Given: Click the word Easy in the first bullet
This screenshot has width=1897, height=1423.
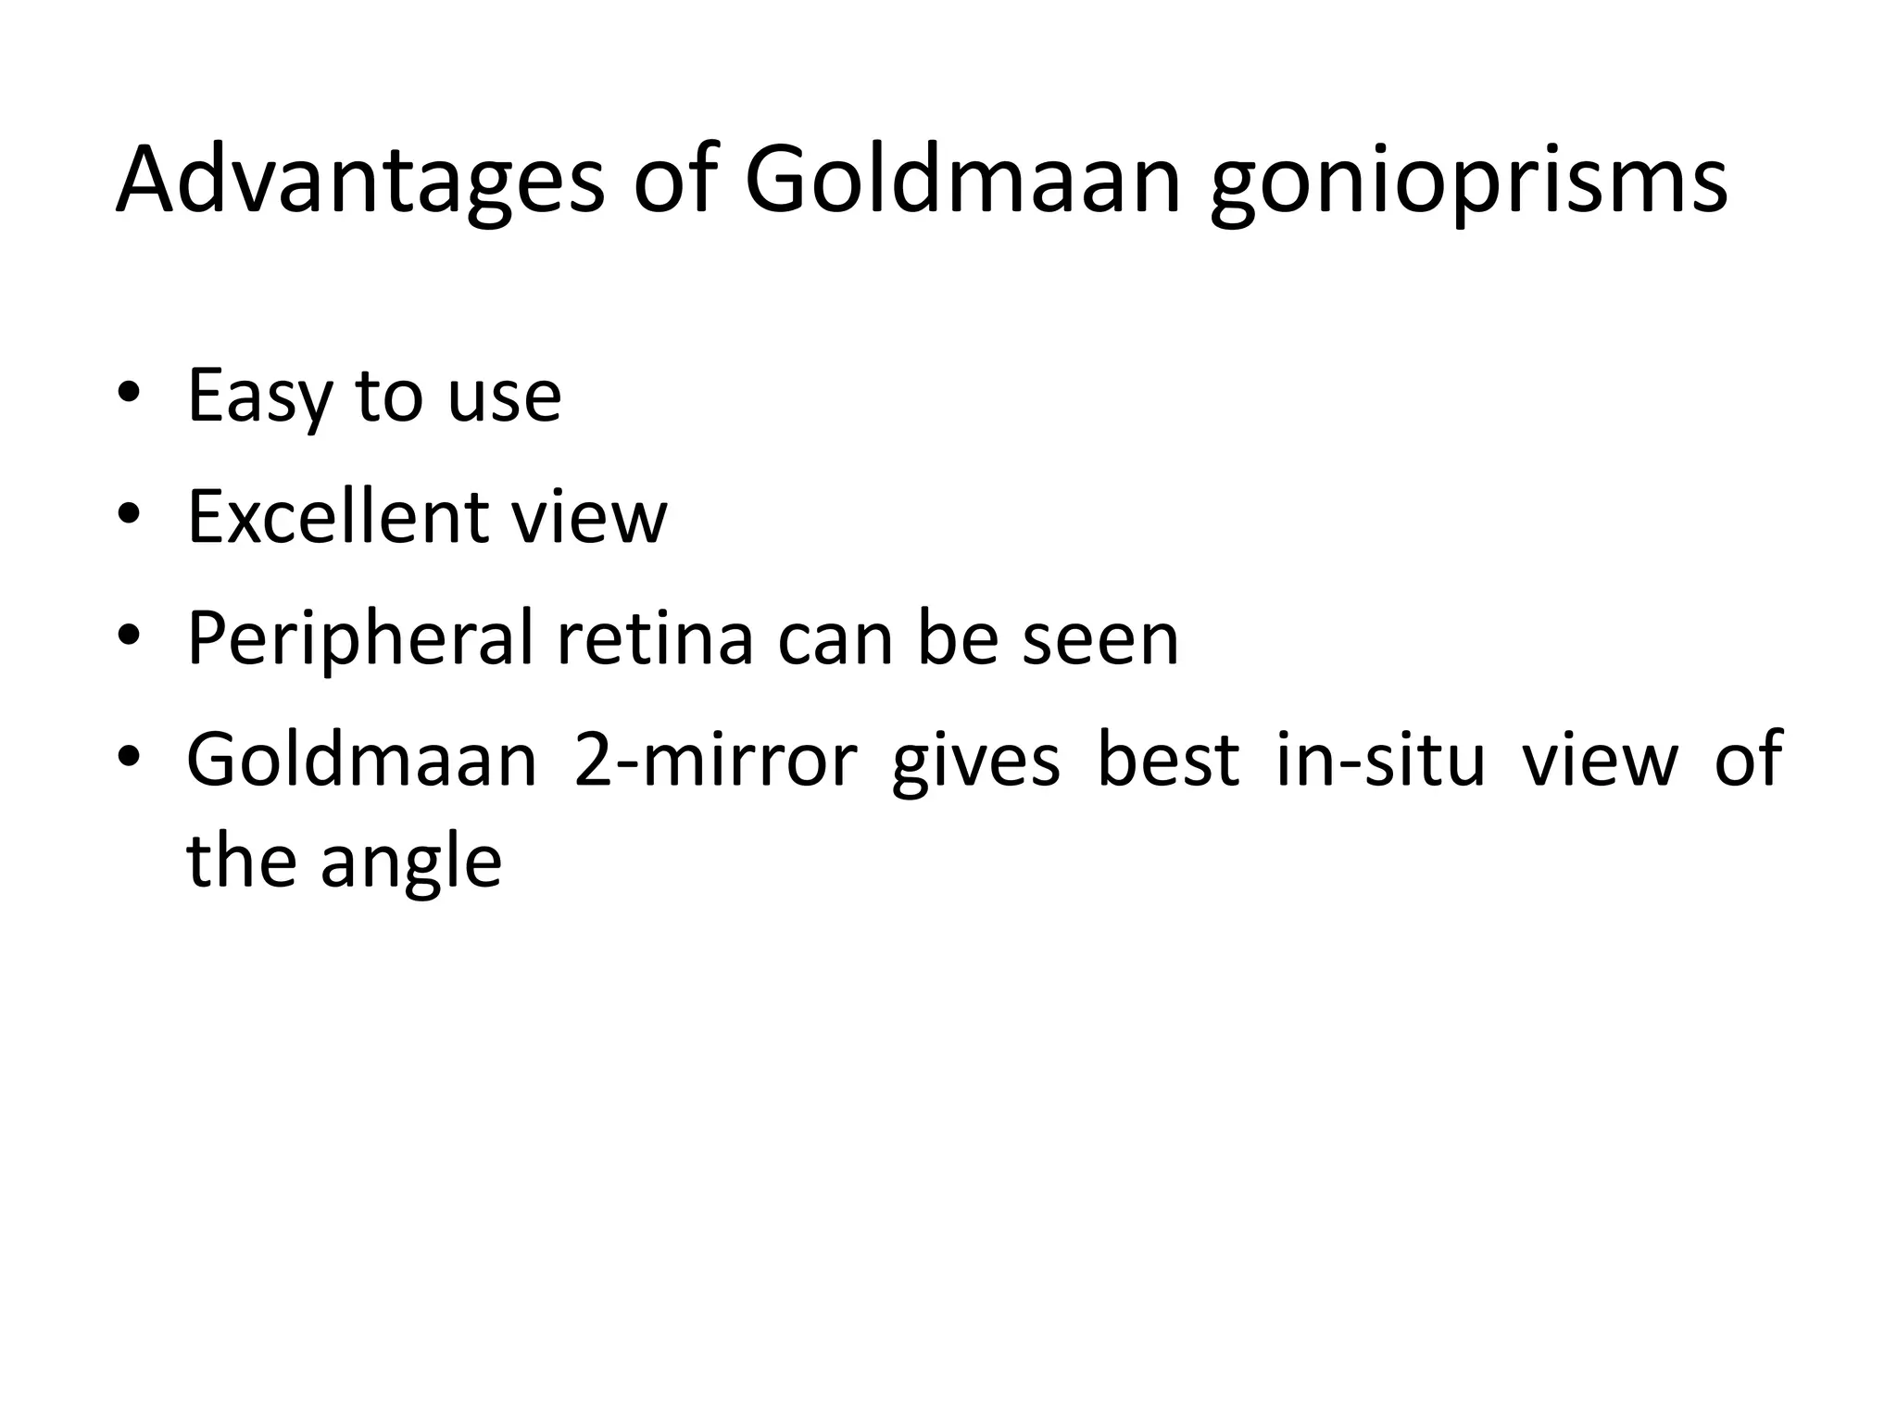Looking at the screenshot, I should pyautogui.click(x=258, y=397).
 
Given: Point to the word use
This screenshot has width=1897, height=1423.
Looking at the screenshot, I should pyautogui.click(x=504, y=397).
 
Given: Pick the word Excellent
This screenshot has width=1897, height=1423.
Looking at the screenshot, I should pyautogui.click(x=335, y=516).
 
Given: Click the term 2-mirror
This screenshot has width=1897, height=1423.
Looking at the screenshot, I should pyautogui.click(x=714, y=760).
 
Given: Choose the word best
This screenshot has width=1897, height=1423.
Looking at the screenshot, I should pyautogui.click(x=1168, y=760).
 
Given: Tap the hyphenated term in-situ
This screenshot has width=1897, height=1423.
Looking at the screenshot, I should pyautogui.click(x=1380, y=760).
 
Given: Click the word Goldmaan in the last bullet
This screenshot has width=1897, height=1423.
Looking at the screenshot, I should pyautogui.click(x=362, y=760).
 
